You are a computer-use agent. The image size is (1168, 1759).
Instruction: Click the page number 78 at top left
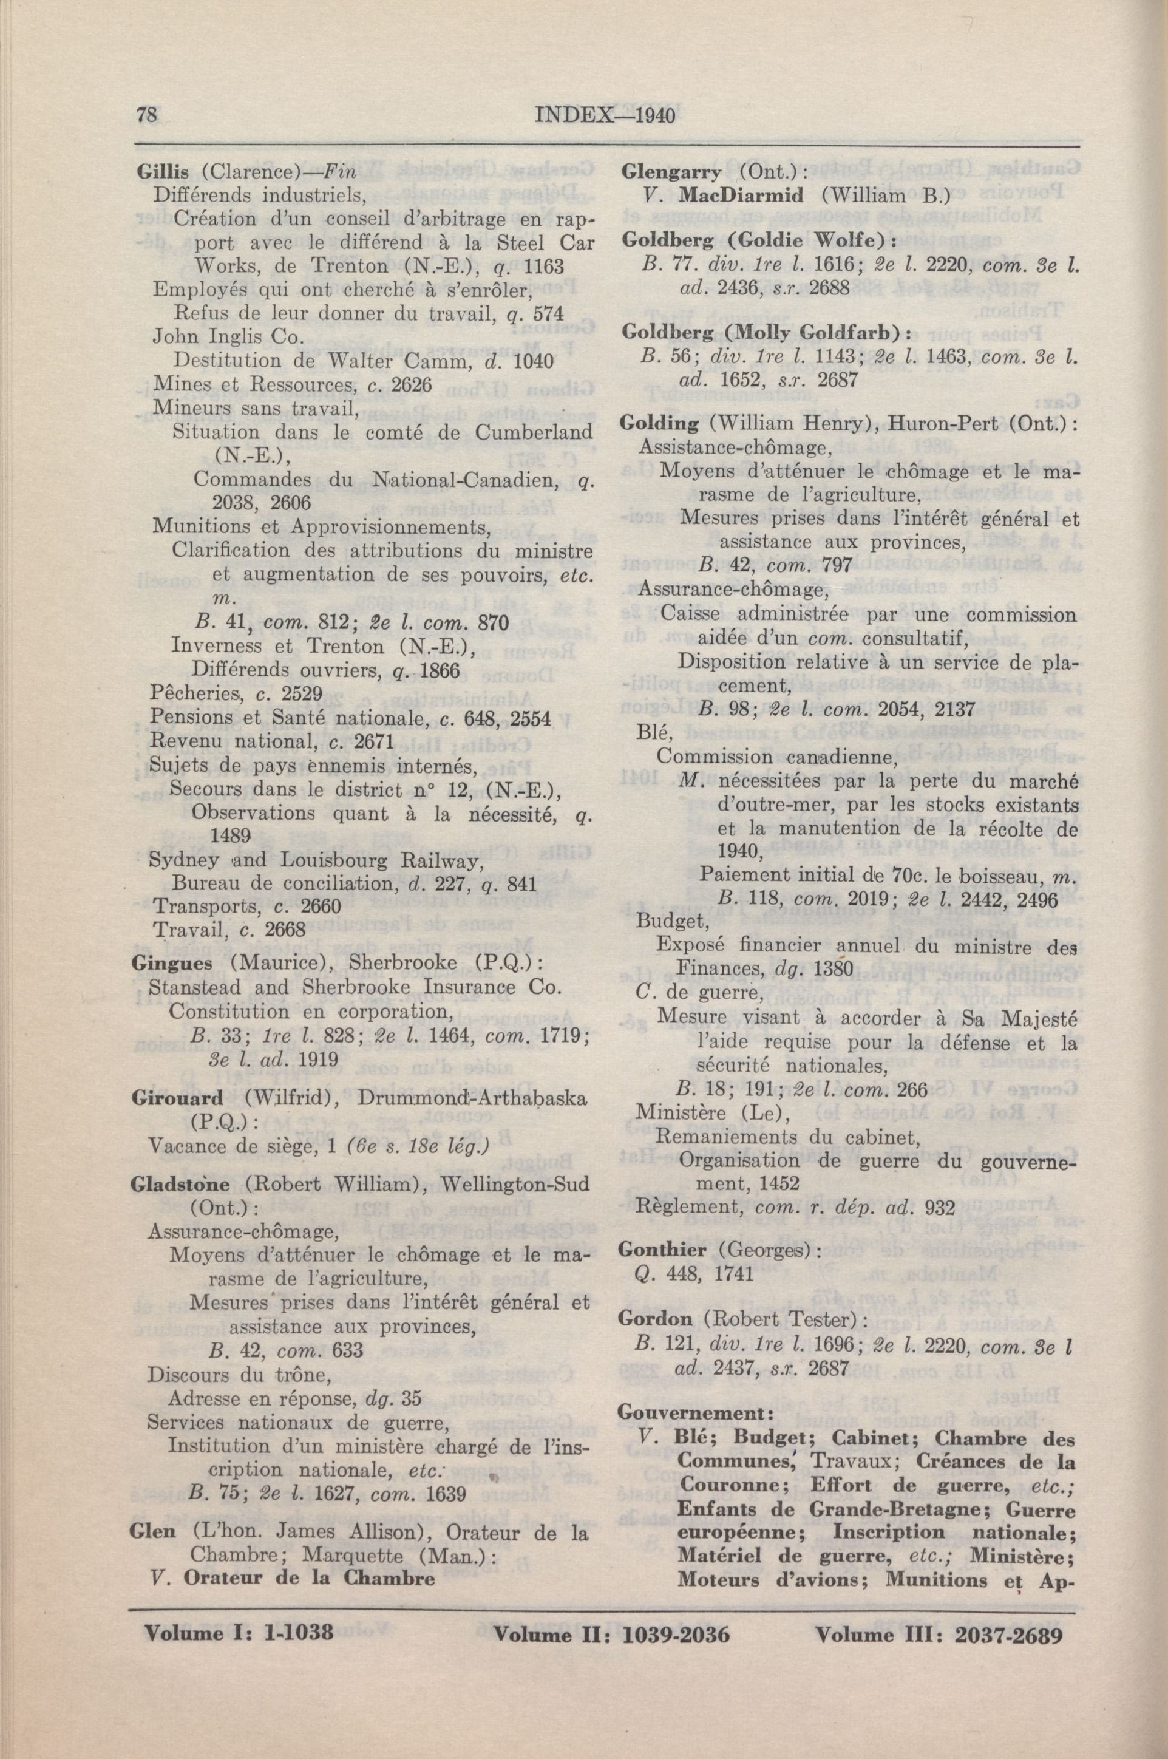tap(147, 115)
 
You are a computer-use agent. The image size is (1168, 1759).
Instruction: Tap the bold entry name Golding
tap(659, 423)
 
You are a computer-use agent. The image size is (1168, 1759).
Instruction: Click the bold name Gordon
tap(656, 1319)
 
